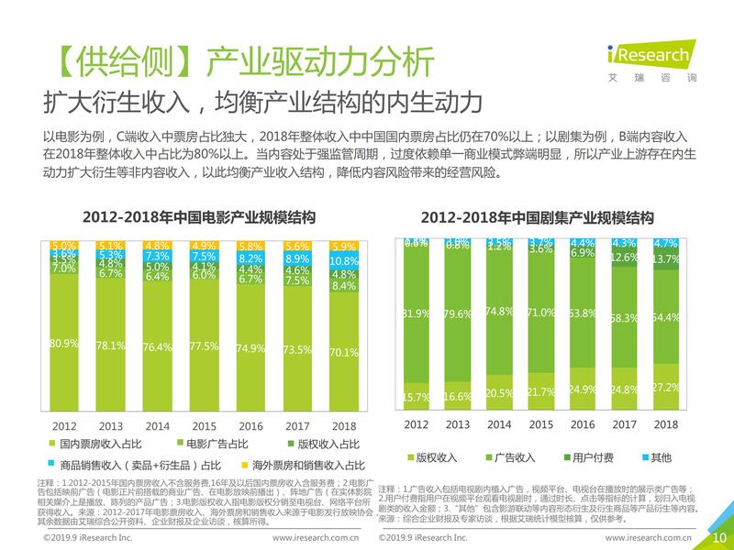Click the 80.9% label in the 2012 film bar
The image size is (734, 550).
click(63, 344)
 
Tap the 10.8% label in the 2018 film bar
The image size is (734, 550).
click(344, 260)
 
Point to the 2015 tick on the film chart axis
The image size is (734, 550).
click(204, 426)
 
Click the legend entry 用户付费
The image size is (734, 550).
click(592, 456)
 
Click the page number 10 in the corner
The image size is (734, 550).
click(718, 537)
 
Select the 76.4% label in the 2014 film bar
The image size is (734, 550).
click(157, 347)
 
